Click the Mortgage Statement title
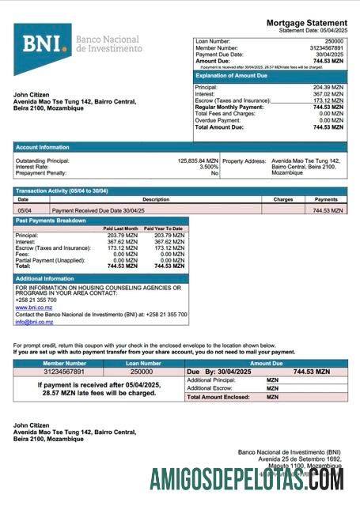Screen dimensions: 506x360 coord(306,23)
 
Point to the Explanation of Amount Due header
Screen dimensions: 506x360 coord(233,76)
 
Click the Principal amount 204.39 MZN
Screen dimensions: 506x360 coord(328,87)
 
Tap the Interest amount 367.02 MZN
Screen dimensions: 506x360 coord(328,94)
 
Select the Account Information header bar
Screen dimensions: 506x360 coord(180,147)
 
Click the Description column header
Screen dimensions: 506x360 coord(155,200)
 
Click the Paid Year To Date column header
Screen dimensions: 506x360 coord(166,228)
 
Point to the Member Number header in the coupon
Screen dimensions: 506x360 coord(64,363)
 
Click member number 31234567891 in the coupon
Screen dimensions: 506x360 coord(64,371)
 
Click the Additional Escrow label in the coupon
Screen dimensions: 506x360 coord(209,388)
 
